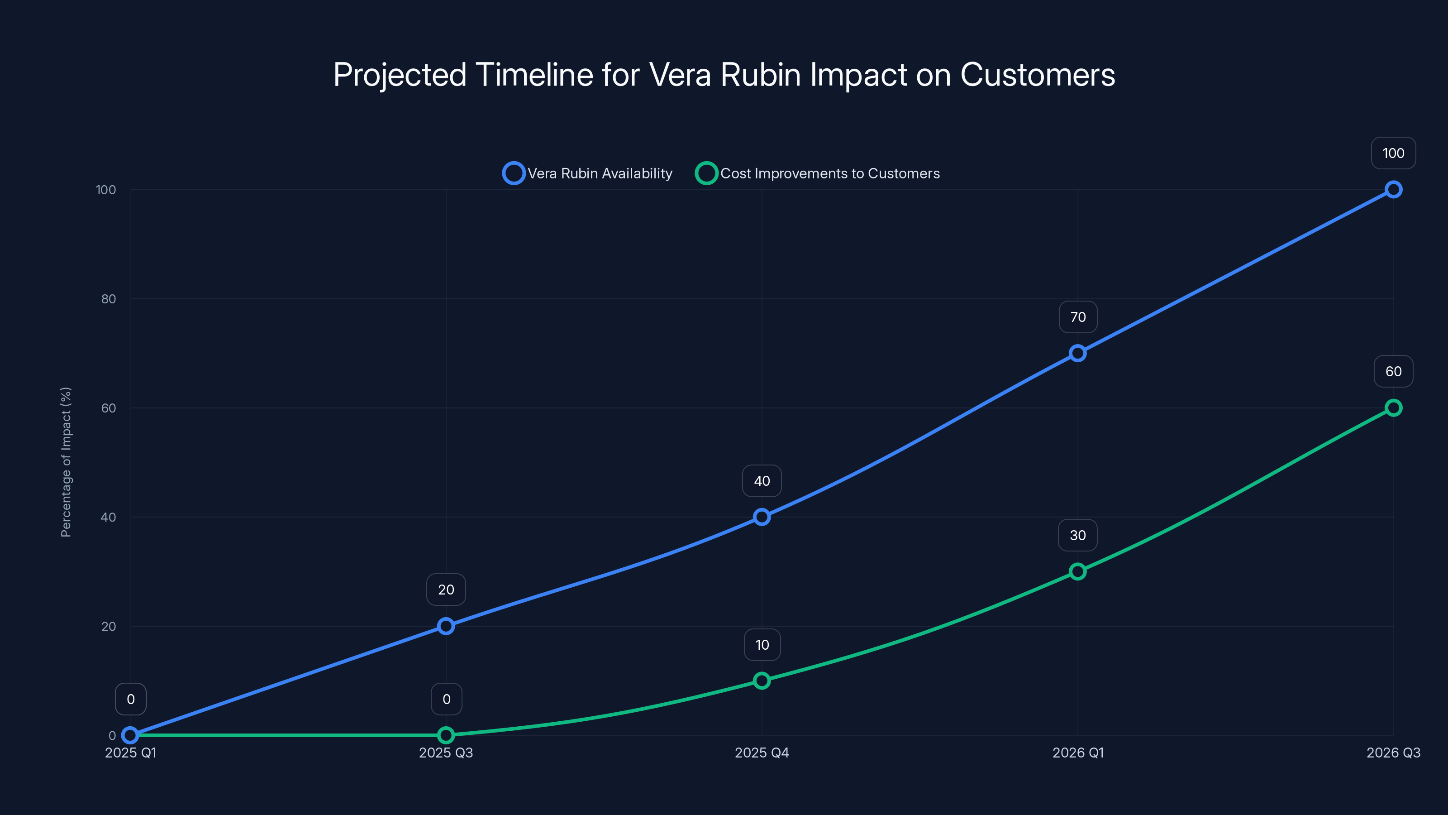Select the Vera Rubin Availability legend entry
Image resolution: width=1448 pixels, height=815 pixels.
[x=588, y=173]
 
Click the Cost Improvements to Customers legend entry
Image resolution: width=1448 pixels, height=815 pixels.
[x=818, y=173]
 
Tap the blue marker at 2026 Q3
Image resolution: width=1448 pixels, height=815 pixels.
[x=1393, y=190]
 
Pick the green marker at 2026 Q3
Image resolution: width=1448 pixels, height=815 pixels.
[x=1393, y=408]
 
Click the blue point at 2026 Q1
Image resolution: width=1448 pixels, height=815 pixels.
[x=1077, y=353]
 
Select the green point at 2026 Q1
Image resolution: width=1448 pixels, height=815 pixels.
[x=1077, y=571]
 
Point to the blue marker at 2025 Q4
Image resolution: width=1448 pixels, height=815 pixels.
[x=762, y=517]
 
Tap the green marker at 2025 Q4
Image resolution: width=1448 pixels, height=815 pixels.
[x=762, y=681]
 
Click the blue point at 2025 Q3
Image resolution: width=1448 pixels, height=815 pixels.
[x=446, y=626]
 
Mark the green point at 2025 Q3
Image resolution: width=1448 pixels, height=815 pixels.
[x=446, y=735]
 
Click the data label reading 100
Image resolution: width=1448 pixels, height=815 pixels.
[x=1393, y=153]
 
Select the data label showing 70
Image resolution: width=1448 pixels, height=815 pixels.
[x=1077, y=317]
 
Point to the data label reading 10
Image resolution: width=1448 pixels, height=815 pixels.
[x=762, y=645]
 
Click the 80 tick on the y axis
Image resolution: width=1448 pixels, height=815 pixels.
[x=109, y=299]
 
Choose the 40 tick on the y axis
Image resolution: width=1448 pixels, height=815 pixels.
[x=109, y=518]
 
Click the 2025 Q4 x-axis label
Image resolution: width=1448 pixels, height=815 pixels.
[x=762, y=753]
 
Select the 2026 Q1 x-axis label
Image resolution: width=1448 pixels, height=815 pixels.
[x=1077, y=753]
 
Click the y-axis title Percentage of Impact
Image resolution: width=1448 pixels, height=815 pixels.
[x=66, y=462]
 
